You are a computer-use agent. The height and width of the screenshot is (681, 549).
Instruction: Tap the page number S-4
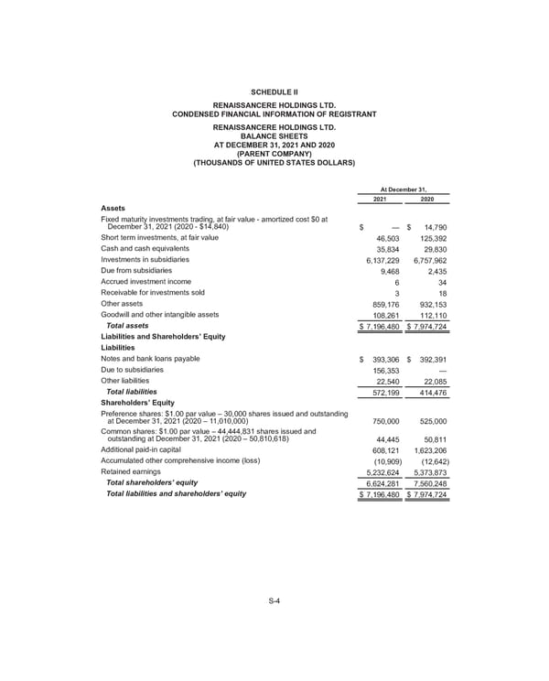pyautogui.click(x=274, y=600)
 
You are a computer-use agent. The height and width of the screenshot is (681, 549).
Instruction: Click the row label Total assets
pyautogui.click(x=127, y=326)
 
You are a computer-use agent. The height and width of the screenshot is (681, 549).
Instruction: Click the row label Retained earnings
pyautogui.click(x=132, y=472)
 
